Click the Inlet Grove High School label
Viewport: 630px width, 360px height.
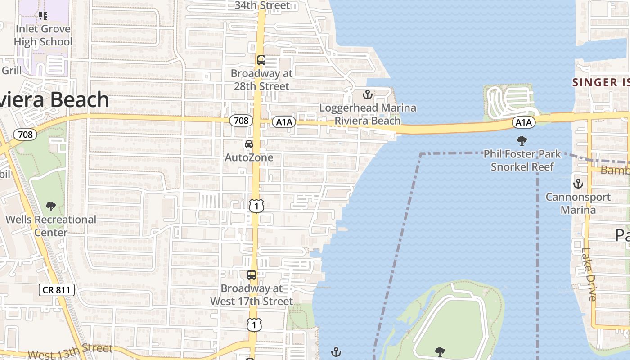click(43, 36)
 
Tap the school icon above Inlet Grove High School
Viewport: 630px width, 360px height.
click(43, 16)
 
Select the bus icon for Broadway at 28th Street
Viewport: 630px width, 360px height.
click(261, 60)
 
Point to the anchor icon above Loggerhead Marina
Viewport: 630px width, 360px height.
click(368, 95)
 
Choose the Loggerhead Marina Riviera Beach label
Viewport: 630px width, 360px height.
click(368, 114)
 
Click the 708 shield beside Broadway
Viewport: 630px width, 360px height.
click(241, 121)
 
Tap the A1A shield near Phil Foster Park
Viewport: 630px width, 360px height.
click(523, 122)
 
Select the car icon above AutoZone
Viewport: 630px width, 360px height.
click(248, 144)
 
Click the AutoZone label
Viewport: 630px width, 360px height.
click(249, 157)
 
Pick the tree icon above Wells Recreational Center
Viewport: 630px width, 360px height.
click(51, 207)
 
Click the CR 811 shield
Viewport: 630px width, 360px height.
click(56, 290)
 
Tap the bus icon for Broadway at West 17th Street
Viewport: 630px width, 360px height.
click(252, 275)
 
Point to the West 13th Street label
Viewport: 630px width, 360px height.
click(70, 351)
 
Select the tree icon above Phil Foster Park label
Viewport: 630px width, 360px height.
click(522, 141)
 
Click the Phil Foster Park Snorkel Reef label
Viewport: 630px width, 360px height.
click(522, 161)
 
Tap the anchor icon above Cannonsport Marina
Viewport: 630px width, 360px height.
click(578, 184)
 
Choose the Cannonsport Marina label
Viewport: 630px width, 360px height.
click(578, 203)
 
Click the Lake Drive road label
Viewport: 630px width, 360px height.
click(589, 274)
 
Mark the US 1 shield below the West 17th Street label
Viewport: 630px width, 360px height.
click(254, 324)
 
